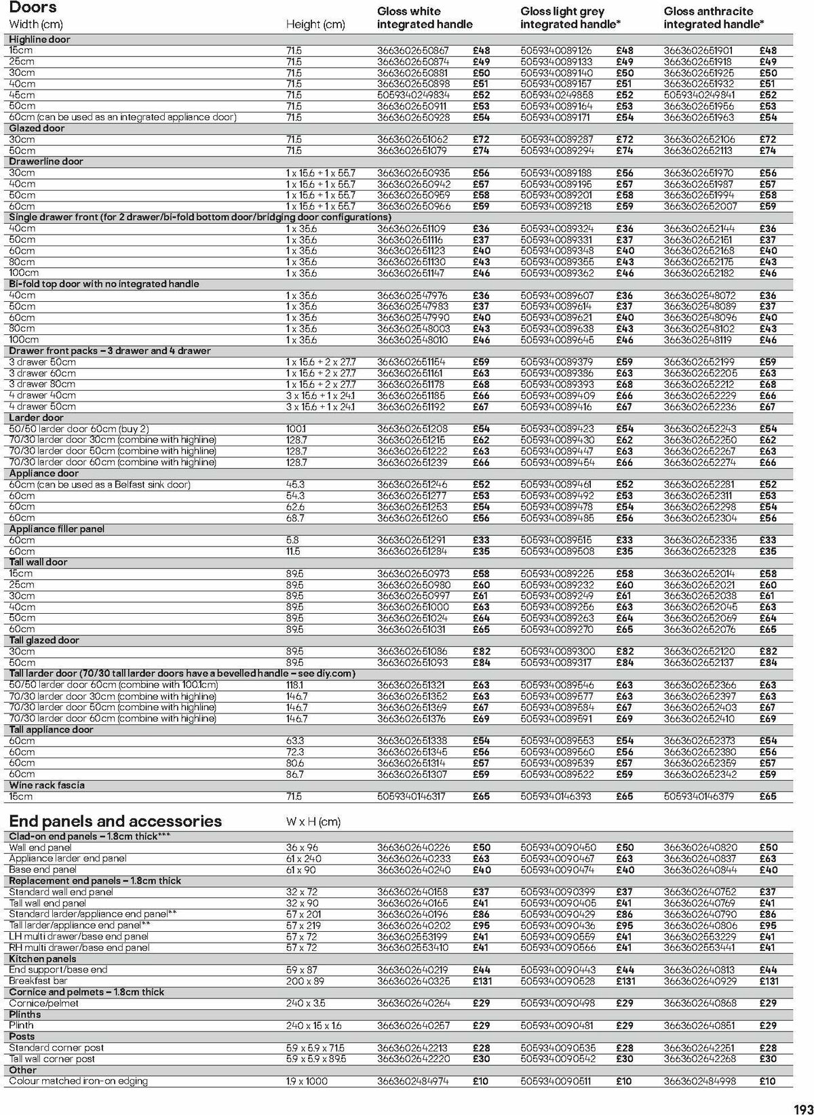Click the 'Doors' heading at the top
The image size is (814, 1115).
[33, 8]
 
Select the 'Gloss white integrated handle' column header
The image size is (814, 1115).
[425, 18]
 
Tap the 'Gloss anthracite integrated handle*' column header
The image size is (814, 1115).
[713, 18]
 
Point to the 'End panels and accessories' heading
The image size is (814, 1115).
[115, 821]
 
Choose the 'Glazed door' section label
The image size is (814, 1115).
[37, 128]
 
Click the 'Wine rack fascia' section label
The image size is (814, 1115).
[47, 785]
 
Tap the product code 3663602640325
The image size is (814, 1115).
[413, 981]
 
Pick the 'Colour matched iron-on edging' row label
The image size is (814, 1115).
[78, 1081]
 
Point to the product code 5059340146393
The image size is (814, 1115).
[556, 796]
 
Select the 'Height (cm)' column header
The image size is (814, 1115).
[315, 24]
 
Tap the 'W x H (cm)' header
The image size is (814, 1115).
[313, 822]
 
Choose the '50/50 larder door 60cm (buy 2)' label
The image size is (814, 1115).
[79, 429]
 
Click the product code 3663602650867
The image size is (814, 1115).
[413, 50]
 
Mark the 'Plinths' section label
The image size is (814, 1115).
[25, 1014]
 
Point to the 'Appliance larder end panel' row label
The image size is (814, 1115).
[68, 859]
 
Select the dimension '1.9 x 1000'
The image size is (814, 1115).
[307, 1081]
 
